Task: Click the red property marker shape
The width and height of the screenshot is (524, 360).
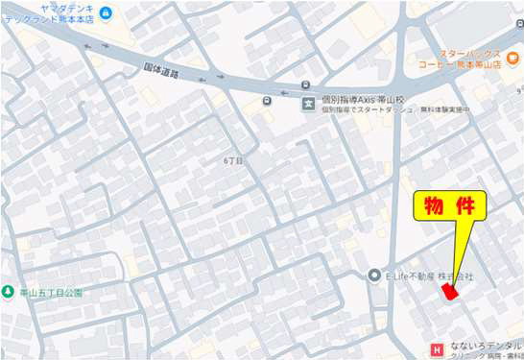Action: [448, 292]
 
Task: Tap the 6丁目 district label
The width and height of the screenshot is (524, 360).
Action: [233, 161]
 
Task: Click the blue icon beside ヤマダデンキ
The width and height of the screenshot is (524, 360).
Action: [105, 12]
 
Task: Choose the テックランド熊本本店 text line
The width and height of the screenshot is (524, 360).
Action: [56, 20]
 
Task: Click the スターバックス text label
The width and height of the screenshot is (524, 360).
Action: [470, 53]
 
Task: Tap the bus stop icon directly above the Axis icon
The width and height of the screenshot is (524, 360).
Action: [306, 84]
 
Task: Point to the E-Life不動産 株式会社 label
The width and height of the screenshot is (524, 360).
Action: [429, 276]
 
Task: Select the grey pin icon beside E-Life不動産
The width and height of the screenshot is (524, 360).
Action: [375, 276]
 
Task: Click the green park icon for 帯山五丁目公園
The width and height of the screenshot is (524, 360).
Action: [7, 292]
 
